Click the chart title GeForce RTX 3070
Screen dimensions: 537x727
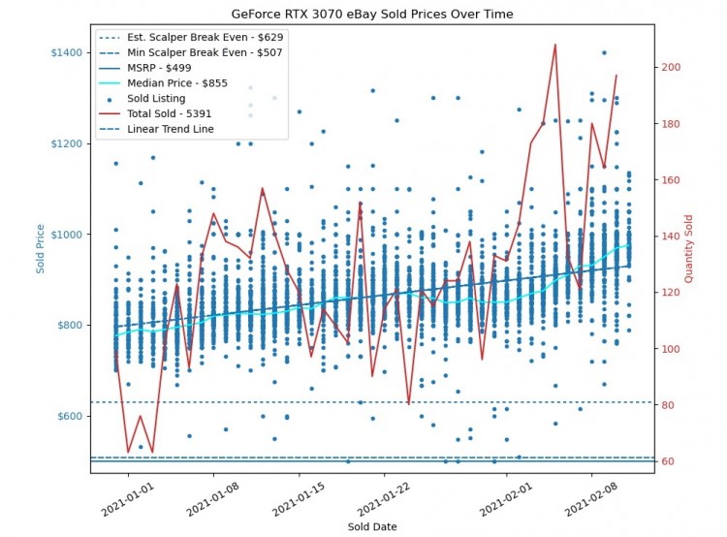click(372, 15)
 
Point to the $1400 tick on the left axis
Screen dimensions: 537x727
click(64, 51)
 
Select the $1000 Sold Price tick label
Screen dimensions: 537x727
click(64, 235)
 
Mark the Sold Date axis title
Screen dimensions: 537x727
click(372, 526)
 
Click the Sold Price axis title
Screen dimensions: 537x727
click(41, 247)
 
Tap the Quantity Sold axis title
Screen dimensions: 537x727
click(689, 247)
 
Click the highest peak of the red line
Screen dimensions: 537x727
click(554, 45)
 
